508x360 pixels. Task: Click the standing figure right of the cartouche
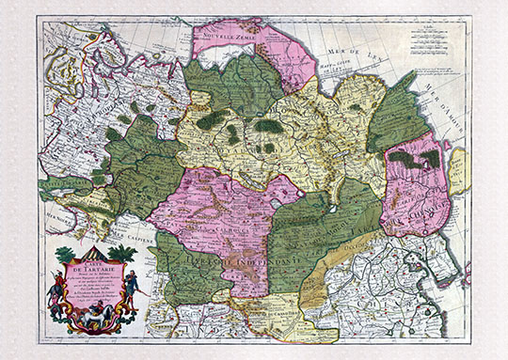135,287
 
